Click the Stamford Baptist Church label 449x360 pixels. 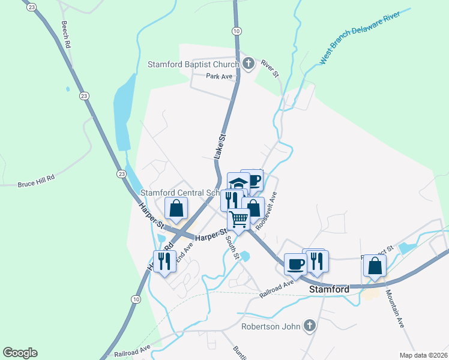[x=194, y=64]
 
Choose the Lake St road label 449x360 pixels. [x=221, y=146]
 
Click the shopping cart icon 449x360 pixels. [x=239, y=220]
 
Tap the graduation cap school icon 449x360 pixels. [x=238, y=182]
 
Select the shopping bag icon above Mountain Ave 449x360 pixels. [x=375, y=265]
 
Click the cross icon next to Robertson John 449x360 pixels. [x=309, y=326]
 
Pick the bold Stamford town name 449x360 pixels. [x=329, y=289]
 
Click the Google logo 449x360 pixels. [x=20, y=353]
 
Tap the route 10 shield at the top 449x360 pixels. [x=237, y=30]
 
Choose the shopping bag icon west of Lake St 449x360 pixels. [x=176, y=208]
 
